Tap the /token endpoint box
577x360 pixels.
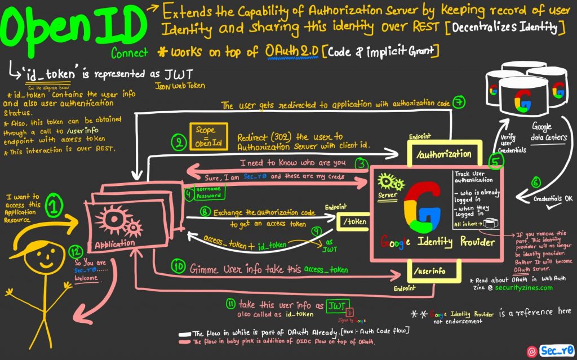[353, 221]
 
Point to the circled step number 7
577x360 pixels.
[458, 104]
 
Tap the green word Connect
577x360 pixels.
[130, 53]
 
